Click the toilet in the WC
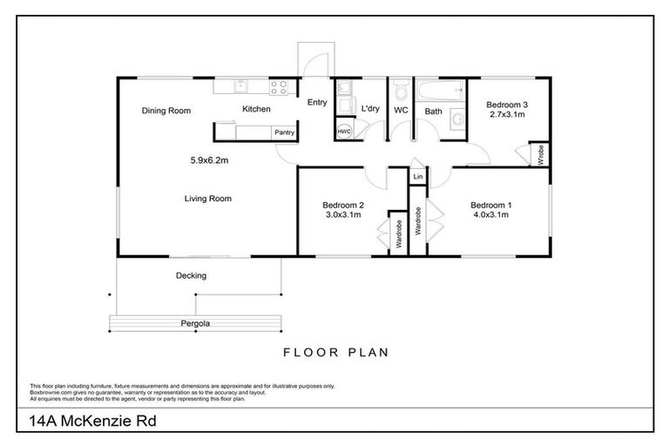[x=400, y=91]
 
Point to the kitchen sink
[x=241, y=86]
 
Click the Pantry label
[x=284, y=132]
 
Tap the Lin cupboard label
[x=418, y=177]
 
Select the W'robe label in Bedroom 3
[x=541, y=155]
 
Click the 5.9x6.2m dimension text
[x=209, y=160]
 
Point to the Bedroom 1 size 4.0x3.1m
[x=493, y=215]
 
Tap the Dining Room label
[x=166, y=111]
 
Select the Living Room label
[x=207, y=199]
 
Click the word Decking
[x=191, y=276]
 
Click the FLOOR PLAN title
[x=335, y=353]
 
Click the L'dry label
[x=370, y=109]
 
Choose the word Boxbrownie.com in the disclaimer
[x=49, y=392]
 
